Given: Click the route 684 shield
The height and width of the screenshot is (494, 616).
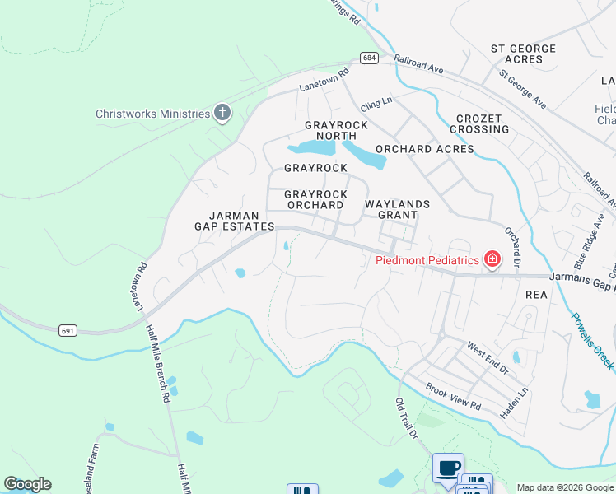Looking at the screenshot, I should click(x=368, y=57).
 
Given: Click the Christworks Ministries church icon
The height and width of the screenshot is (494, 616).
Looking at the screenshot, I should click(x=222, y=113).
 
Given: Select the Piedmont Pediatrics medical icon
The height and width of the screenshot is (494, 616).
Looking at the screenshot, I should click(x=492, y=260).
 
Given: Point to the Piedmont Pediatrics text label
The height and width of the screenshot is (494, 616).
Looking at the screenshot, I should click(x=427, y=260).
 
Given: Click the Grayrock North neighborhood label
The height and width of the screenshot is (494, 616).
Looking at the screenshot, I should click(x=336, y=130).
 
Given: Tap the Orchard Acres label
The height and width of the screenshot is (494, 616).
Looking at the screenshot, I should click(x=424, y=149).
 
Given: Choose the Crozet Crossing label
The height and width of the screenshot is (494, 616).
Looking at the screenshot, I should click(x=479, y=123).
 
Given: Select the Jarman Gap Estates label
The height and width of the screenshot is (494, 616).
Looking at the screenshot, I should click(x=234, y=221).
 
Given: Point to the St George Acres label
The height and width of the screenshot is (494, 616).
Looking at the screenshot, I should click(x=523, y=54).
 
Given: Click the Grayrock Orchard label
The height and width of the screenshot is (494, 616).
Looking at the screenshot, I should click(x=314, y=200).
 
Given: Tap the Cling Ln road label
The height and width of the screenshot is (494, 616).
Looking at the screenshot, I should click(x=376, y=104).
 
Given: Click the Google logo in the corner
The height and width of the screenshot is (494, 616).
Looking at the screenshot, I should click(x=27, y=484).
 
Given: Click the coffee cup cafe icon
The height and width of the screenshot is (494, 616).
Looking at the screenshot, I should click(x=448, y=468).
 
